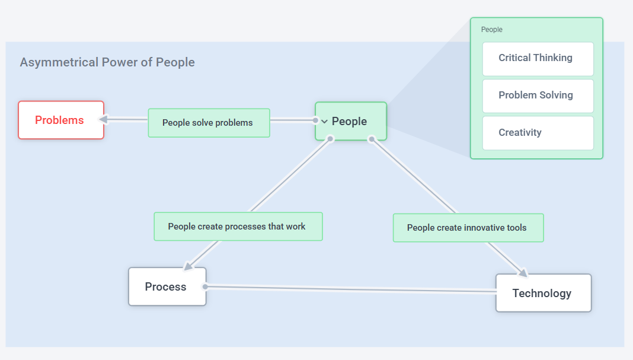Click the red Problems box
60,120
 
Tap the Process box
167,287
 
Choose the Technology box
542,293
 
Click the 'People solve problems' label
208,123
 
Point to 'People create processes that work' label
237,227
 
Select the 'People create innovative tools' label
467,228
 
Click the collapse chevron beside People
324,122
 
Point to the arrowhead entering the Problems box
103,119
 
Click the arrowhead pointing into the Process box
189,266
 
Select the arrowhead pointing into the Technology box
522,273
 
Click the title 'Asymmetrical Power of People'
107,62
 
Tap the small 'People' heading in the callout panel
491,30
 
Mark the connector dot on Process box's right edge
205,286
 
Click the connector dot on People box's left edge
315,120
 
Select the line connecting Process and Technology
350,289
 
